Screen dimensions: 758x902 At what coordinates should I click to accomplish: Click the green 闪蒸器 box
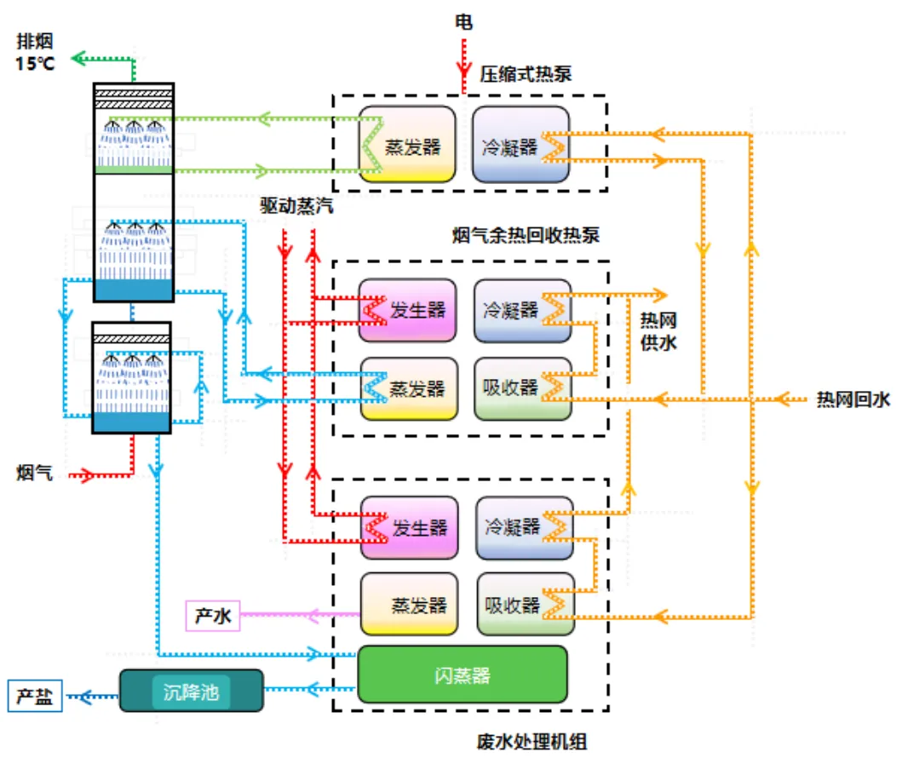tap(462, 675)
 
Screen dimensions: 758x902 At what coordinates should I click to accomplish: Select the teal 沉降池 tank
tap(191, 691)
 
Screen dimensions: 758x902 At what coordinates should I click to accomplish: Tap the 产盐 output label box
tap(35, 696)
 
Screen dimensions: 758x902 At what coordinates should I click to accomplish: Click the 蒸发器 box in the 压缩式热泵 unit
tap(407, 145)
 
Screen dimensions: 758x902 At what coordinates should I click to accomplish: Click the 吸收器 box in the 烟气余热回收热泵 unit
tap(521, 388)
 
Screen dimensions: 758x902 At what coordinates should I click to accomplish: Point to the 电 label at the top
tap(464, 22)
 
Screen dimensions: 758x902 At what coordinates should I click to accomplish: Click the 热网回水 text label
tap(853, 399)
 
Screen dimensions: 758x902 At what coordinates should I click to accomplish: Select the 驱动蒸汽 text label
tap(297, 206)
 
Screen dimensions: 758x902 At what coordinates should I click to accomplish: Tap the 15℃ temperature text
tap(35, 62)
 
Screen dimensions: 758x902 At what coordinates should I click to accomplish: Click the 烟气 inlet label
tap(33, 472)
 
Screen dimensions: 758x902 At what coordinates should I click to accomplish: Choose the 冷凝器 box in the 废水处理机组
tap(523, 527)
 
